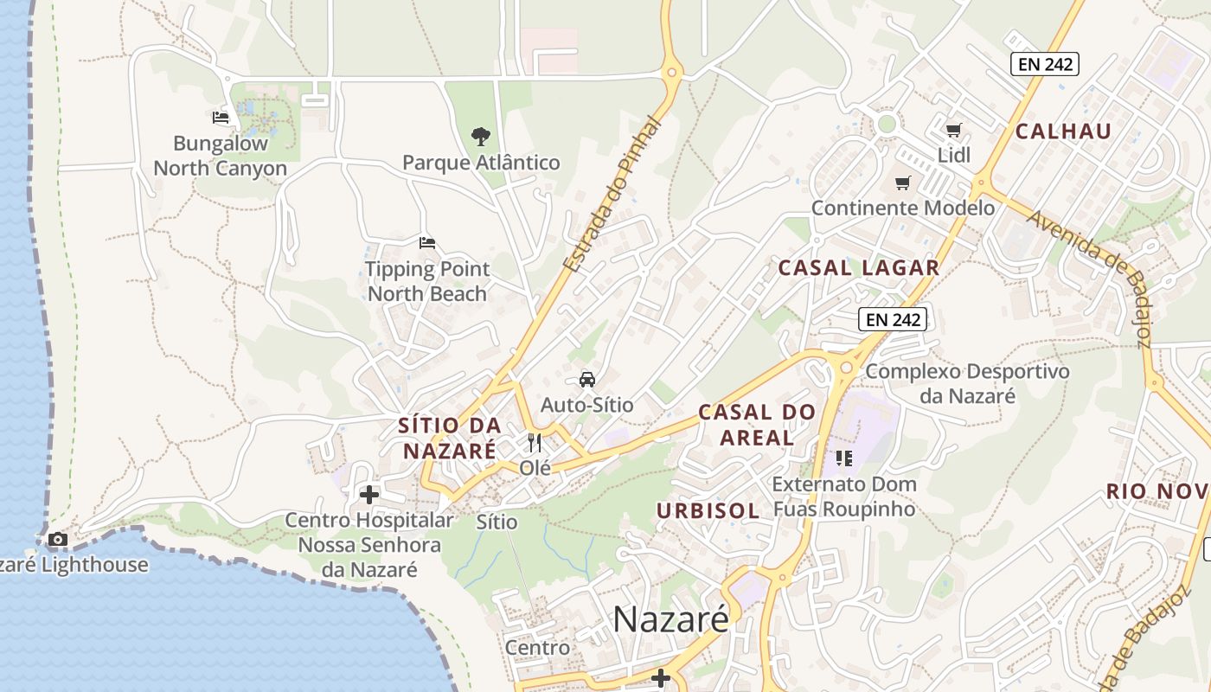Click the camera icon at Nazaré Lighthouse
click(58, 540)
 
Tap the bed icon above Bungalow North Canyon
click(221, 118)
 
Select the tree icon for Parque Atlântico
click(481, 137)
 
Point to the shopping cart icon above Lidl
click(953, 131)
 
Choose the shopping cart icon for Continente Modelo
click(903, 183)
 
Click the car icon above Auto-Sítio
click(587, 380)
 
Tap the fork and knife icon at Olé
click(535, 443)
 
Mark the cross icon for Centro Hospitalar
click(369, 495)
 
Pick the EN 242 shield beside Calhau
click(1044, 64)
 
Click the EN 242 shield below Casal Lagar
click(894, 319)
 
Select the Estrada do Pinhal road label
click(611, 195)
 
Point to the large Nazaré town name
click(671, 619)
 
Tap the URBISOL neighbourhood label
click(708, 511)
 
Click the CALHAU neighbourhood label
click(1063, 131)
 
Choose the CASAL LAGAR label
click(858, 268)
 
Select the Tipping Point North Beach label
click(427, 281)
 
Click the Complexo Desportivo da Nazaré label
click(967, 383)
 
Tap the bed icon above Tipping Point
click(426, 243)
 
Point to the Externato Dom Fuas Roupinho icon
click(844, 458)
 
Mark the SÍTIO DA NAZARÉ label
click(450, 438)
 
